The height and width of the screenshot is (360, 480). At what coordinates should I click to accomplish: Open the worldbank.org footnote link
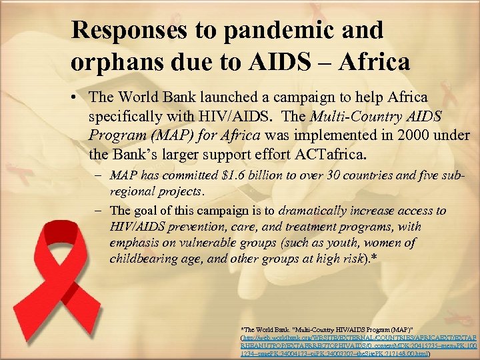(357, 338)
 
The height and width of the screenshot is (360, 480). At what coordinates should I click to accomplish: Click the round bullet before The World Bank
(78, 98)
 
